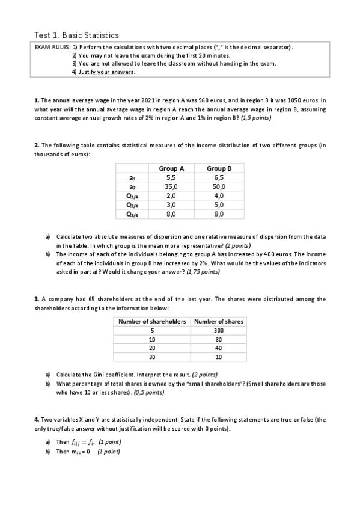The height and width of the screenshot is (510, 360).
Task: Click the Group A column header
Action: coord(171,168)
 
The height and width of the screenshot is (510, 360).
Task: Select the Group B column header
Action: coord(219,168)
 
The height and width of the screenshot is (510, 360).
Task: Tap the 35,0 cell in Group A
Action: coord(171,186)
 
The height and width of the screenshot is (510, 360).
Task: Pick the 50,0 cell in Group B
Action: coord(219,186)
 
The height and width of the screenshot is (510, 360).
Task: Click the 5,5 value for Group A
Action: coord(171,177)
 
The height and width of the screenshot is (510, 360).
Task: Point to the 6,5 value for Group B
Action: coord(219,177)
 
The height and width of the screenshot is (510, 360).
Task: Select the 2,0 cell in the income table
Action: coord(171,195)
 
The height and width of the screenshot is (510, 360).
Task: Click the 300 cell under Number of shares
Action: coord(218,331)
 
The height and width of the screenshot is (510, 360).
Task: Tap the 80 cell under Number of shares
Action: coord(218,339)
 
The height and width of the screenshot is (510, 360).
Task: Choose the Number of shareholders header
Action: coord(152,322)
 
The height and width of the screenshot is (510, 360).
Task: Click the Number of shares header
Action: coord(219,322)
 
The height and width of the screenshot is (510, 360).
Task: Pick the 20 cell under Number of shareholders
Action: coord(152,348)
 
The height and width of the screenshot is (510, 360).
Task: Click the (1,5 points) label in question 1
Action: coord(255,118)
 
